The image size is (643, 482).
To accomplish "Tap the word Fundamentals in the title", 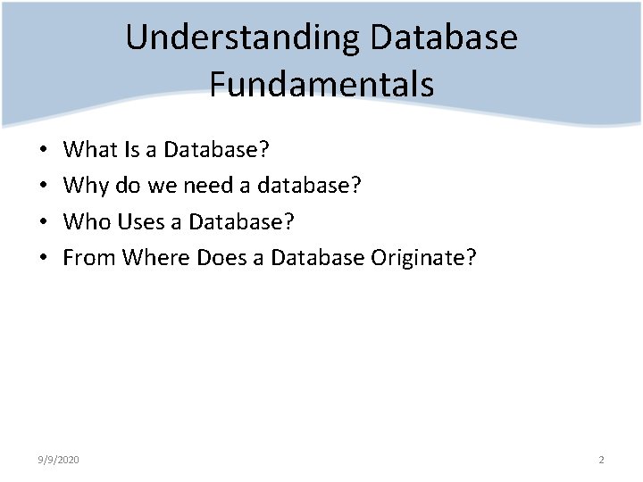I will [x=321, y=84].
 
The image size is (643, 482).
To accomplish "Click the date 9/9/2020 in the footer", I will [x=59, y=460].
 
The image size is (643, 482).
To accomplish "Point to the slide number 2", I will [x=601, y=460].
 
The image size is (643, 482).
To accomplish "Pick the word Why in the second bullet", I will [x=86, y=185].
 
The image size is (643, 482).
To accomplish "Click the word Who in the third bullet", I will [x=88, y=221].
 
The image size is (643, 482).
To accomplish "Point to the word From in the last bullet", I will [x=89, y=257].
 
